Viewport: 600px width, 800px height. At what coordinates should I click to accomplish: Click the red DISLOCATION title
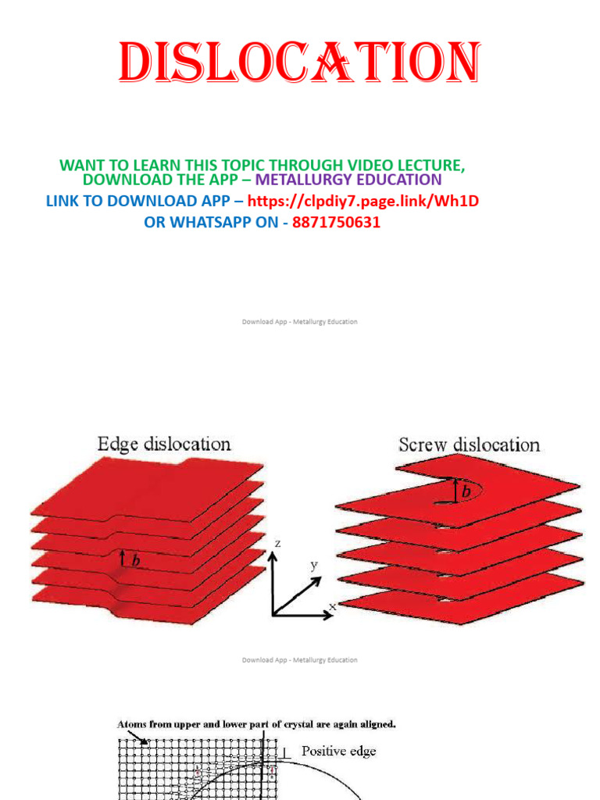299,62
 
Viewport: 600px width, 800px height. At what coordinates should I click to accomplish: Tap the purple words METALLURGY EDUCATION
348,180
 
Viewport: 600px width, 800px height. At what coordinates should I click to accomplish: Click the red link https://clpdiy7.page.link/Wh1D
362,201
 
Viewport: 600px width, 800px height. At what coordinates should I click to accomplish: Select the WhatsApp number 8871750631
336,223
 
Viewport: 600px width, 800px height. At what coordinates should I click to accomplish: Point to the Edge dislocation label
164,444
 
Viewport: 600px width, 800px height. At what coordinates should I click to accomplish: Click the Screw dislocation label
469,445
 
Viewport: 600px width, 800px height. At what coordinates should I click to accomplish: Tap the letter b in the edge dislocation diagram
136,560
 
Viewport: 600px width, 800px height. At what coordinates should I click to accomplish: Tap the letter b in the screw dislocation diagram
466,491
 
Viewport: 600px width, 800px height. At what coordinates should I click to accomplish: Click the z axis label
277,544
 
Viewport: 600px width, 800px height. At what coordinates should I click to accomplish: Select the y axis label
314,565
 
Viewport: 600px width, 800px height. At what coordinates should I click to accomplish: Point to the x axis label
333,606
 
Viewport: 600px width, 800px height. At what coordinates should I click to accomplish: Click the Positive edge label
339,751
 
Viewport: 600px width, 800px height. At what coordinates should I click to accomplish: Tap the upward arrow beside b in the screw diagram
455,491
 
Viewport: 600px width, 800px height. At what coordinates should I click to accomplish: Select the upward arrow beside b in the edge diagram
123,558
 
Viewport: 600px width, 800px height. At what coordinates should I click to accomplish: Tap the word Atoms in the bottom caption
132,724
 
